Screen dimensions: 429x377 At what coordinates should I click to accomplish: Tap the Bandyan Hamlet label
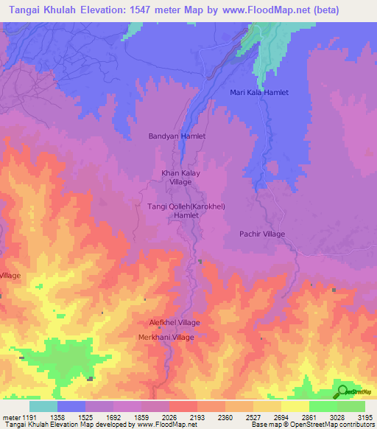coord(177,136)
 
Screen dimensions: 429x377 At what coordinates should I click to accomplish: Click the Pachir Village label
coord(262,234)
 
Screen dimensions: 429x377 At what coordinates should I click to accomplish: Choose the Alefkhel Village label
coord(175,323)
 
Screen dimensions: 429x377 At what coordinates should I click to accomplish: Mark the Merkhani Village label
coord(166,337)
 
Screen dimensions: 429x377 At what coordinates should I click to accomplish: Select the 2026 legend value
coord(172,418)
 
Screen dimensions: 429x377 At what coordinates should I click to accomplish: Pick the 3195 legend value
coord(365,418)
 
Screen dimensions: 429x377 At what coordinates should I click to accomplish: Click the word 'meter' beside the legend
coord(10,418)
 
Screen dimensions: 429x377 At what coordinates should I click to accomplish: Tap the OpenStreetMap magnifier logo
coord(341,392)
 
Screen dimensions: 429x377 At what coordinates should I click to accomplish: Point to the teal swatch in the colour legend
coord(43,406)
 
